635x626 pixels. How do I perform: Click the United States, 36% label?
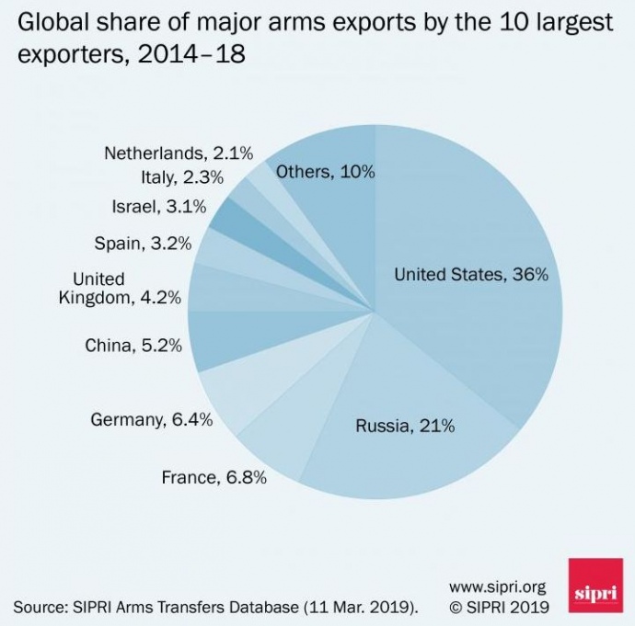tap(471, 275)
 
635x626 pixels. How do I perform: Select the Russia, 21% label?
tap(405, 426)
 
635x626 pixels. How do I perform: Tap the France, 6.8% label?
tap(214, 477)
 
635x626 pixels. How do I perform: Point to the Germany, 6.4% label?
tap(152, 419)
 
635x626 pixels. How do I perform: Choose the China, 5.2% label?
tap(133, 346)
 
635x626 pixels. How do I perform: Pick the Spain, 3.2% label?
tap(143, 244)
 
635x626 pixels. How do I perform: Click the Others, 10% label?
tap(326, 171)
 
